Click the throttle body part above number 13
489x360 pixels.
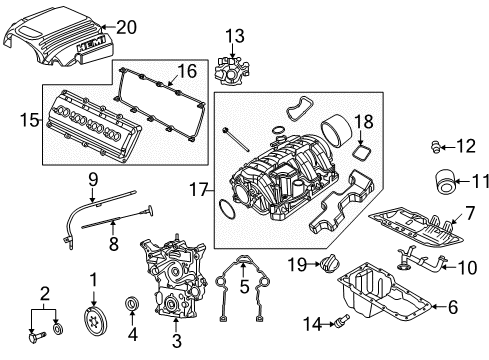233,71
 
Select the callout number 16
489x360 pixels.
187,70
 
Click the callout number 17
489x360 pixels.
197,186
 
